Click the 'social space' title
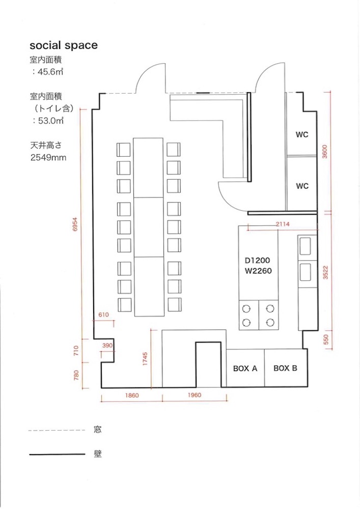(x=64, y=45)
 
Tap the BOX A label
(x=245, y=369)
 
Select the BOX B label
(x=285, y=368)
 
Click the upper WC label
(x=302, y=134)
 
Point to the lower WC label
(x=302, y=186)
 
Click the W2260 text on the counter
(x=258, y=271)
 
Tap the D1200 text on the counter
(x=258, y=260)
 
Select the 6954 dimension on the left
(x=75, y=224)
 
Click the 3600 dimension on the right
(x=325, y=152)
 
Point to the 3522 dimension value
(x=325, y=273)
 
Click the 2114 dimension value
(x=283, y=224)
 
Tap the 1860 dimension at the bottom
(x=132, y=395)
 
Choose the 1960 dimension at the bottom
(x=195, y=395)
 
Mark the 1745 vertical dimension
(x=145, y=359)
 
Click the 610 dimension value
(x=103, y=315)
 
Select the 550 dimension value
(x=326, y=340)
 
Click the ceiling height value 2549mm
(x=48, y=158)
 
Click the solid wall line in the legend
(x=57, y=455)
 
